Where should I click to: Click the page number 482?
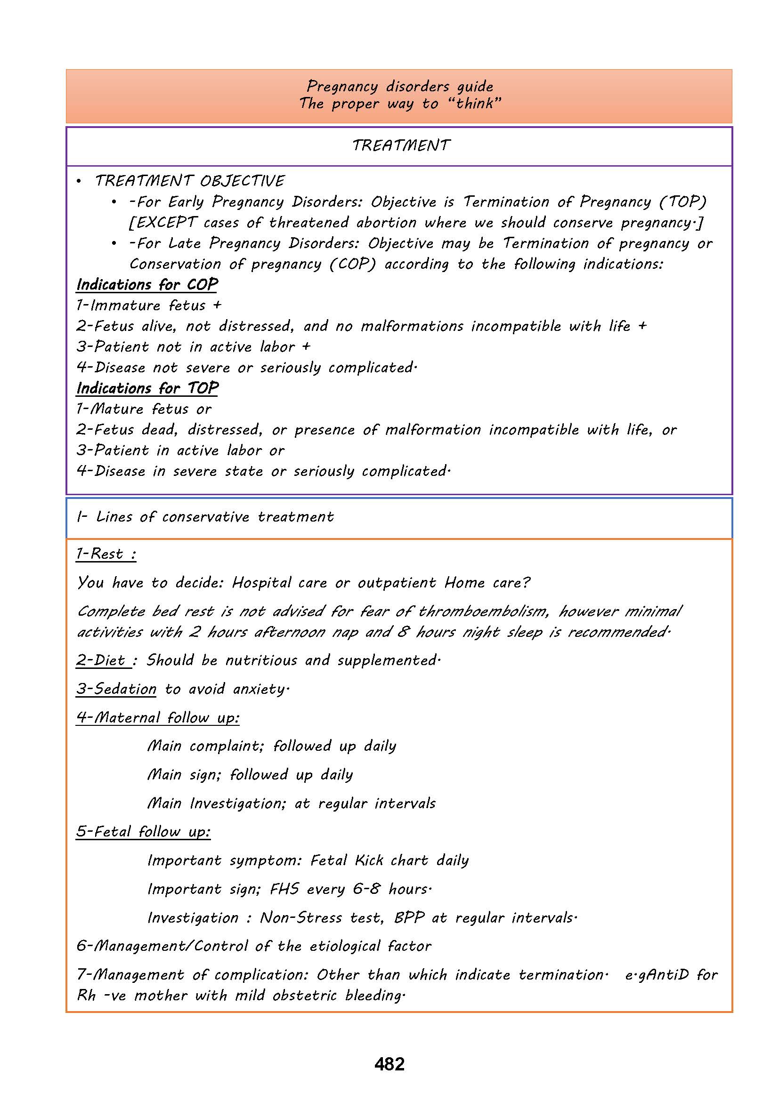coord(389,1064)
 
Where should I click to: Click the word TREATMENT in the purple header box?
coord(401,145)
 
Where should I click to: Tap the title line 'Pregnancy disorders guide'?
coord(399,86)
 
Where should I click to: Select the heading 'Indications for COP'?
coord(147,284)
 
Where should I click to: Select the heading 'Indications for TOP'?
coord(147,388)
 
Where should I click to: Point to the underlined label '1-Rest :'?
coord(106,554)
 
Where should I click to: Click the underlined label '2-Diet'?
coord(103,660)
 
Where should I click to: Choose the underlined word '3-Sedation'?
coord(116,689)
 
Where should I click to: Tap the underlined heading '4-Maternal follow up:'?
coord(158,718)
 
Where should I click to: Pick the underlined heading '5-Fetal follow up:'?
coord(144,831)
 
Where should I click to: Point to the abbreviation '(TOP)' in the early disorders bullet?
coord(683,202)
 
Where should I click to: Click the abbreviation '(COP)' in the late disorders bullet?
coord(353,264)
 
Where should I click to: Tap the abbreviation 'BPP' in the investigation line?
coord(409,917)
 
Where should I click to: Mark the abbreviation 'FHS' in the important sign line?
coord(284,889)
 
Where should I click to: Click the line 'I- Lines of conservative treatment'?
coord(205,517)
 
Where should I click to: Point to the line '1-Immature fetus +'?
coord(149,305)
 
